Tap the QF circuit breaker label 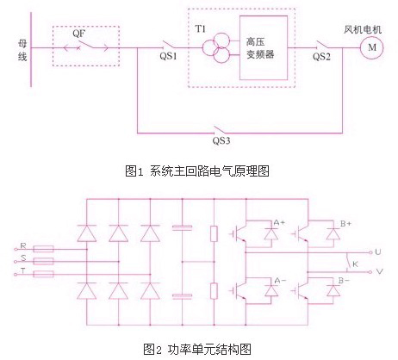pos(78,34)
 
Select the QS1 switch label pos(168,56)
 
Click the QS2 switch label pos(321,57)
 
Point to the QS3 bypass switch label pos(221,140)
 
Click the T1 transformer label pos(201,29)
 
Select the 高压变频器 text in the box pos(260,48)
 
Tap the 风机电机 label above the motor pos(363,29)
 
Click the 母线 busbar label pos(22,51)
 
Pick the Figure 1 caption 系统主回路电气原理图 pos(209,171)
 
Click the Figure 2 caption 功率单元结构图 pos(209,350)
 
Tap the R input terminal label pos(23,245)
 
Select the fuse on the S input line pos(43,261)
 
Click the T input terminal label pos(23,270)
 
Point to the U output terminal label pos(378,251)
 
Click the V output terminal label pos(379,271)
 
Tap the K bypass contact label pos(355,264)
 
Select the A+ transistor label pos(279,222)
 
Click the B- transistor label pos(344,280)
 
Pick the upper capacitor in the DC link pos(182,227)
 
